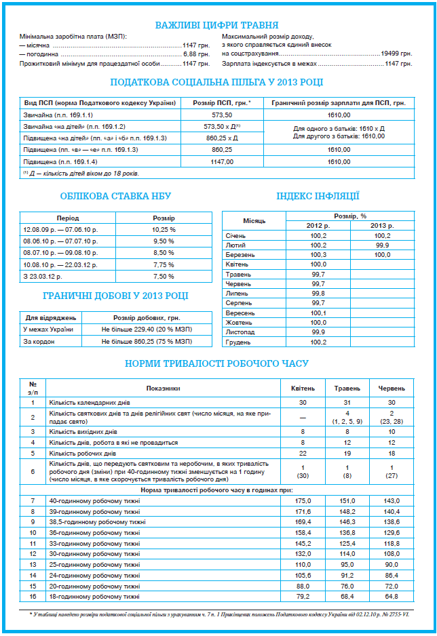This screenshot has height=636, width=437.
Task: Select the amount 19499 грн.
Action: pyautogui.click(x=396, y=53)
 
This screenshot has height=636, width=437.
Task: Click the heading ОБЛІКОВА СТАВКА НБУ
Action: pyautogui.click(x=115, y=196)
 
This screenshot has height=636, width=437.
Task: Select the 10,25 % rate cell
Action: pyautogui.click(x=164, y=229)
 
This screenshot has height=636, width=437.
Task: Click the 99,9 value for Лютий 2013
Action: pyautogui.click(x=382, y=245)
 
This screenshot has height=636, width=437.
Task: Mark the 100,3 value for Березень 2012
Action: pyautogui.click(x=318, y=254)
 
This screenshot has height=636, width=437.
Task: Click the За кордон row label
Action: pyautogui.click(x=39, y=341)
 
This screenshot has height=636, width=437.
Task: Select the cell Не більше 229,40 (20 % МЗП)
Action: pyautogui.click(x=147, y=330)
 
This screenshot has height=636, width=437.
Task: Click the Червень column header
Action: pyautogui.click(x=392, y=389)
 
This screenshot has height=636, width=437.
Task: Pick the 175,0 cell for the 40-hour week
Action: pyautogui.click(x=303, y=501)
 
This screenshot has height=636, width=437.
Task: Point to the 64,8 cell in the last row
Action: pyautogui.click(x=392, y=596)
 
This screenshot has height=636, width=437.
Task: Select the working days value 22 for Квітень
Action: pyautogui.click(x=303, y=453)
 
